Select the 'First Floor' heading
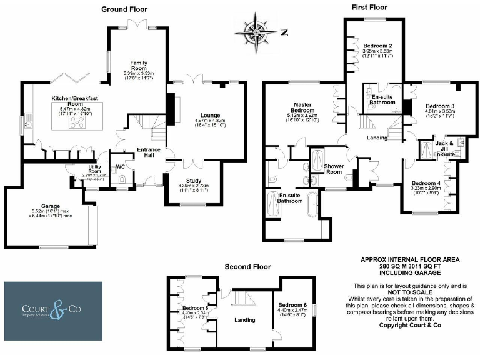click(370, 7)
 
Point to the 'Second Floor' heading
click(249, 267)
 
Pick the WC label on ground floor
click(121, 167)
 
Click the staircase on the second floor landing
click(241, 301)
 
